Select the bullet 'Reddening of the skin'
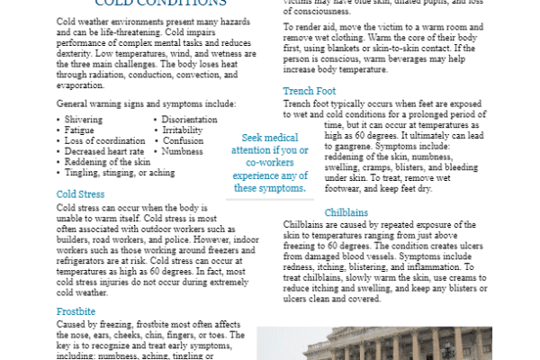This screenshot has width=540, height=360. point(107,162)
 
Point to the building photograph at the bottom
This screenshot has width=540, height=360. point(396,343)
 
